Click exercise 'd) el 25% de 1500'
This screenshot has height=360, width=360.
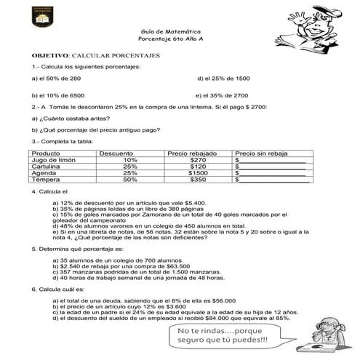(x=223, y=78)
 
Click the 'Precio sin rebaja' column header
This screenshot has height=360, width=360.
(x=257, y=153)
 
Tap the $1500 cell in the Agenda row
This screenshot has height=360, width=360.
(x=198, y=172)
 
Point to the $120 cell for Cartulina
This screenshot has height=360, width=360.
(x=198, y=166)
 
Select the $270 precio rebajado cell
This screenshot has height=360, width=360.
(x=198, y=159)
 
